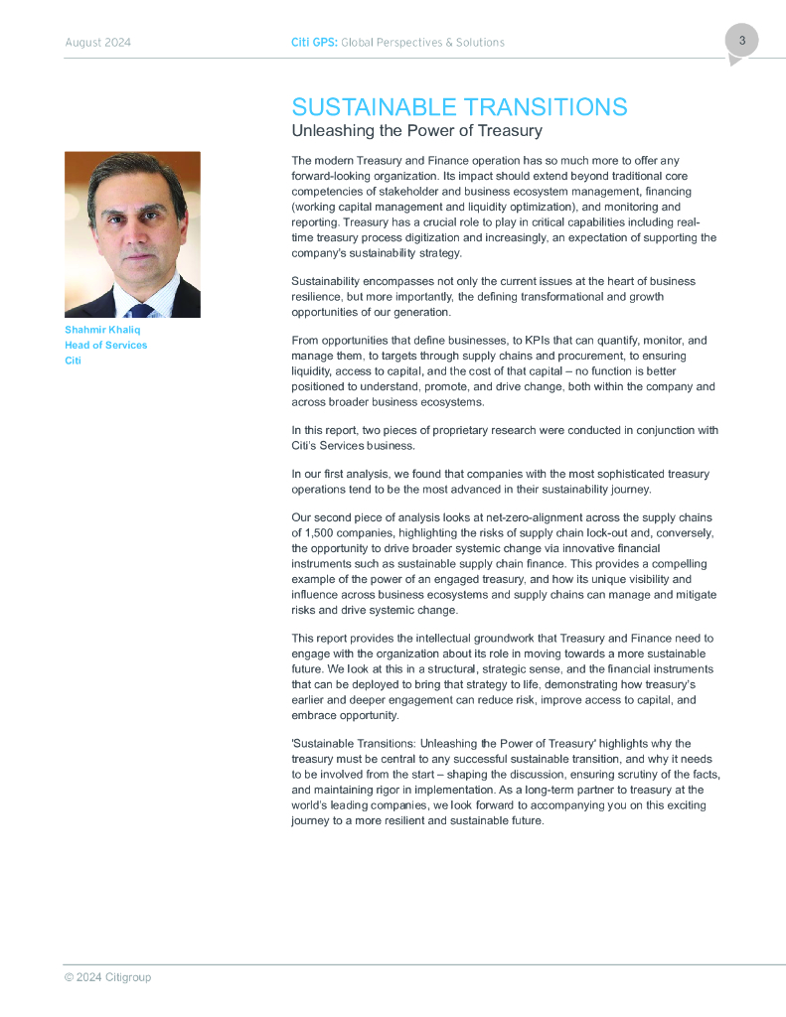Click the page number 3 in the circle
(x=741, y=41)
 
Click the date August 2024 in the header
(x=97, y=43)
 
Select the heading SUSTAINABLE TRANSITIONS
(x=459, y=108)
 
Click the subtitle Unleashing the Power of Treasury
(x=416, y=131)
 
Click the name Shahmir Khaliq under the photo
(x=102, y=330)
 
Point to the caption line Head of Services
(x=105, y=345)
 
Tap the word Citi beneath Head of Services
(x=73, y=361)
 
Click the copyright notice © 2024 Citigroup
(x=107, y=977)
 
